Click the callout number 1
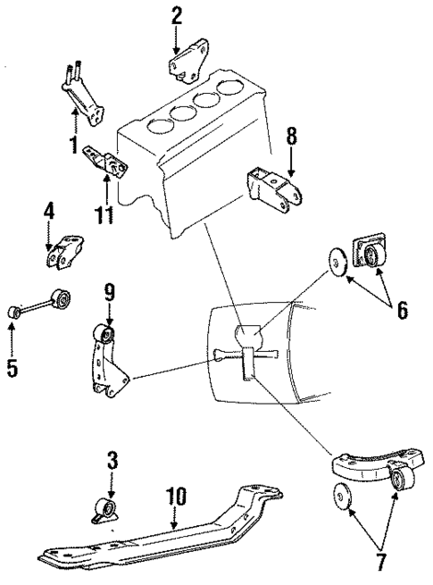tap(73, 144)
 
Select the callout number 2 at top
tap(176, 15)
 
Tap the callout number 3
tap(112, 462)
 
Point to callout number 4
tap(49, 212)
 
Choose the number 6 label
tap(402, 310)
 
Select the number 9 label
tap(108, 291)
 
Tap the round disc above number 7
tap(341, 494)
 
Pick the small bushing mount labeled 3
tap(105, 513)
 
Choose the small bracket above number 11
tap(106, 162)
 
